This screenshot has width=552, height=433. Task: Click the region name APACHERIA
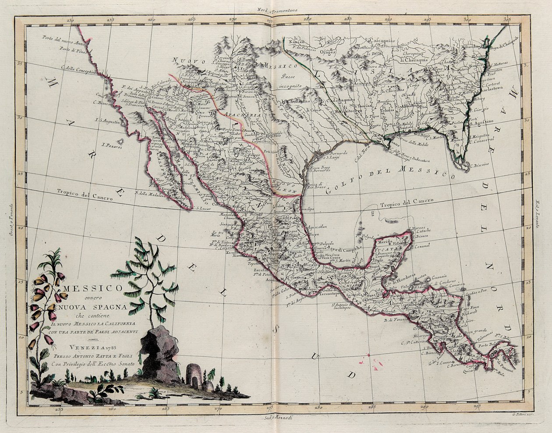(240, 115)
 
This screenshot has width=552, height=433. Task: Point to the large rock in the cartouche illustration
(160, 355)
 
